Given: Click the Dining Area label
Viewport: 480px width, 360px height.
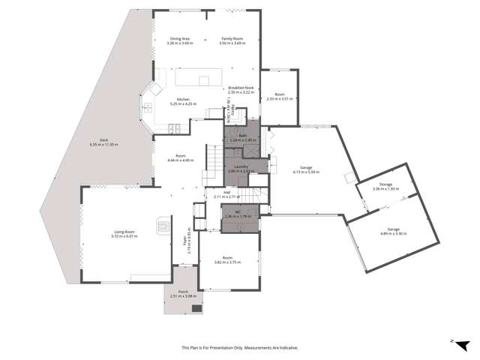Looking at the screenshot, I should [179, 38].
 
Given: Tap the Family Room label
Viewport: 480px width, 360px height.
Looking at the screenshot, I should [230, 38].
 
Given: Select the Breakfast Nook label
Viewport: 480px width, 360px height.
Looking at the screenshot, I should [241, 88].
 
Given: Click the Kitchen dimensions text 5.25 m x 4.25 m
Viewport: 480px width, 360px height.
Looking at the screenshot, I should [183, 104].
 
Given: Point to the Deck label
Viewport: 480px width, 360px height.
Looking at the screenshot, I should [104, 139].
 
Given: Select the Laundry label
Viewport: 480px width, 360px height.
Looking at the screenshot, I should [241, 166].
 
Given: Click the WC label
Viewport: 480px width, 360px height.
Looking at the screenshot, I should [237, 212].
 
